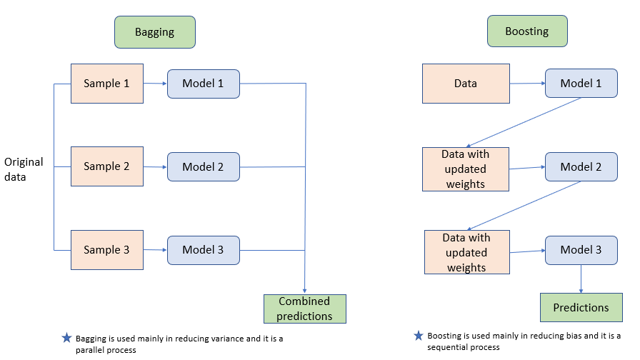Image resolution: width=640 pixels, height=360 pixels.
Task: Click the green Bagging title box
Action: click(154, 32)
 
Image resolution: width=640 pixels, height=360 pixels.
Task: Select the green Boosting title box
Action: click(526, 32)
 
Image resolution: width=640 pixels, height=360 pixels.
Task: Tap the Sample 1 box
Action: click(106, 84)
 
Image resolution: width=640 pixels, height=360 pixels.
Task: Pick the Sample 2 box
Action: click(106, 166)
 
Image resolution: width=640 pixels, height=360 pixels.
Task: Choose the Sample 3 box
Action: click(106, 250)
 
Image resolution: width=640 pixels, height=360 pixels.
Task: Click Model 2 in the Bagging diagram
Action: click(203, 166)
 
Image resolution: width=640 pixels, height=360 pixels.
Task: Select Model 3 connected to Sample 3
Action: click(203, 250)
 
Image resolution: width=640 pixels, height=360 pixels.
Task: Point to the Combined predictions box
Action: click(305, 309)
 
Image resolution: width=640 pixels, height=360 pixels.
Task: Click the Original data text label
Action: click(24, 169)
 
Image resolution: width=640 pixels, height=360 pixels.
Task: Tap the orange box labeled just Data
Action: click(465, 84)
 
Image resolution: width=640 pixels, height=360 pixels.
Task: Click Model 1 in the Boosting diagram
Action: click(581, 84)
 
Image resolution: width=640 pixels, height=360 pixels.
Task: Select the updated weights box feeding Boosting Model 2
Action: click(465, 169)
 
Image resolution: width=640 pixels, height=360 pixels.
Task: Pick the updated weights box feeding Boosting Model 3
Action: click(466, 252)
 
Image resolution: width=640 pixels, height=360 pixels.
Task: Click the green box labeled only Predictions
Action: click(581, 308)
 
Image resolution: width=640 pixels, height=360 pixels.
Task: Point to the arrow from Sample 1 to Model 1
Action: click(155, 84)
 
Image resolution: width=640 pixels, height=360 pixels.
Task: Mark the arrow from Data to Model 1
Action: click(527, 84)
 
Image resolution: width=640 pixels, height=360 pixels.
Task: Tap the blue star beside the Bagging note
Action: click(66, 338)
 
